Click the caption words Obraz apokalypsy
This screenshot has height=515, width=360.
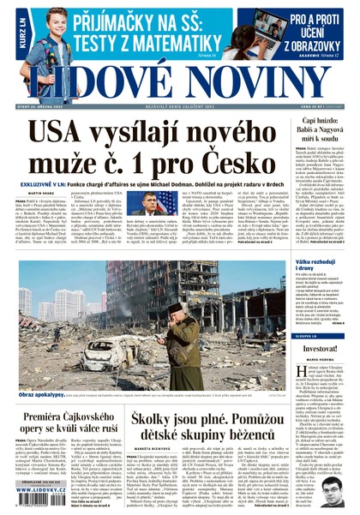[x=42, y=373]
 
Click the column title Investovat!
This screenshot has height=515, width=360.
[x=317, y=348]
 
